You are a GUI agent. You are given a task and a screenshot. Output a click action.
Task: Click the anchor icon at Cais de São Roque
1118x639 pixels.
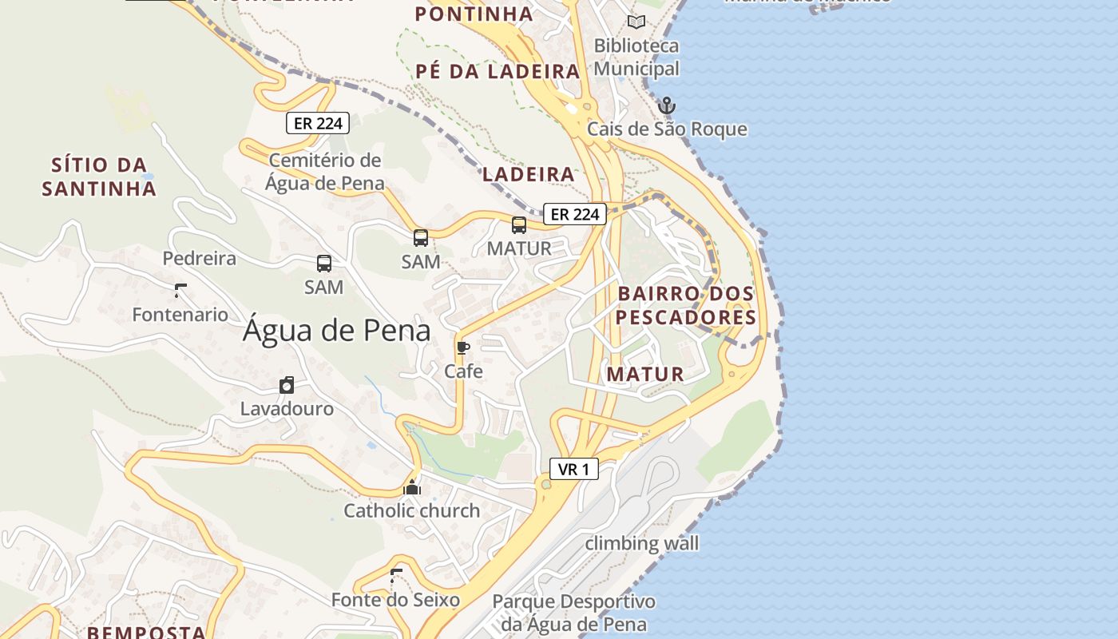pos(666,105)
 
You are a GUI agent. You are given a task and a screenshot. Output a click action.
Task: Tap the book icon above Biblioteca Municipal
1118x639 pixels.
pos(636,22)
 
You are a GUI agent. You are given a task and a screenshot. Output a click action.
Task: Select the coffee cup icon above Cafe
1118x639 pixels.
pos(462,347)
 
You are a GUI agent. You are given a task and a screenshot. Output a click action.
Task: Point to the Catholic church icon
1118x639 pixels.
pos(412,486)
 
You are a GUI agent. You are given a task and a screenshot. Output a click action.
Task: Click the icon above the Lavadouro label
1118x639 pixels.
pos(287,386)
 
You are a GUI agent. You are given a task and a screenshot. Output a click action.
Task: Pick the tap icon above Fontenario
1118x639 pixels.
pos(180,291)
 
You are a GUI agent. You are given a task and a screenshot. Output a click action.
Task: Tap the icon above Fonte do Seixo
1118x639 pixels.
pos(396,575)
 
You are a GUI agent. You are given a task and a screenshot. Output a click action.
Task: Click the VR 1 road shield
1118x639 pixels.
pos(573,470)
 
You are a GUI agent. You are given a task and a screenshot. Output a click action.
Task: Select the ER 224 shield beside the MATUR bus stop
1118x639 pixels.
pos(575,214)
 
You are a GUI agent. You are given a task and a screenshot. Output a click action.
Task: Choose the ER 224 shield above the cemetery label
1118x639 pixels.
pos(318,123)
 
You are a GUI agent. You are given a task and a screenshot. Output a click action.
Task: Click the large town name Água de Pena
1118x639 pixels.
pos(336,331)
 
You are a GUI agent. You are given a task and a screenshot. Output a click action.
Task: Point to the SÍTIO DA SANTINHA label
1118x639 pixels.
pos(99,177)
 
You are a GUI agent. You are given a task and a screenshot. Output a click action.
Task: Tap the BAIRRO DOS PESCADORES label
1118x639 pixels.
pos(686,306)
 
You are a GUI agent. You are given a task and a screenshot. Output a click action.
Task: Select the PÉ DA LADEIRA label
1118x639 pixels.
pos(498,71)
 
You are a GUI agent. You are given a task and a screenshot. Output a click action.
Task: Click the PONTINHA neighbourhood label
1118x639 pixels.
pos(474,14)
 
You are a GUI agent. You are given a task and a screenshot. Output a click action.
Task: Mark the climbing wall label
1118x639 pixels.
pos(642,544)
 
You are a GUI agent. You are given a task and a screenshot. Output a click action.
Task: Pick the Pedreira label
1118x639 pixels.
pos(200,259)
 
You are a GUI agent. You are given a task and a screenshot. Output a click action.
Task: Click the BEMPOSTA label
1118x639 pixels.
pos(146,633)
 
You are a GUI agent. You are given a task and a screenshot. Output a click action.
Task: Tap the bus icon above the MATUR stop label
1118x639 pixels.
pos(519,225)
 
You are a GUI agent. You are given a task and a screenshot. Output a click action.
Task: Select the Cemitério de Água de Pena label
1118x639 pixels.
pos(325,172)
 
